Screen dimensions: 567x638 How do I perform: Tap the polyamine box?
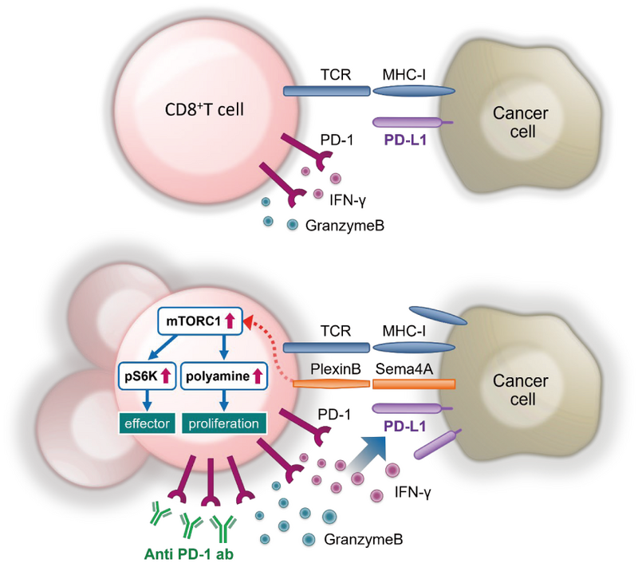point(223,373)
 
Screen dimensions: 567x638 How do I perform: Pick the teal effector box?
point(148,423)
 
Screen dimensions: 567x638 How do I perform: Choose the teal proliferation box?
point(223,423)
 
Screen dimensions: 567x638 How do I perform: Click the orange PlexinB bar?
point(331,384)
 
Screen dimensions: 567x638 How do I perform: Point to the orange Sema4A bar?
point(414,384)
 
